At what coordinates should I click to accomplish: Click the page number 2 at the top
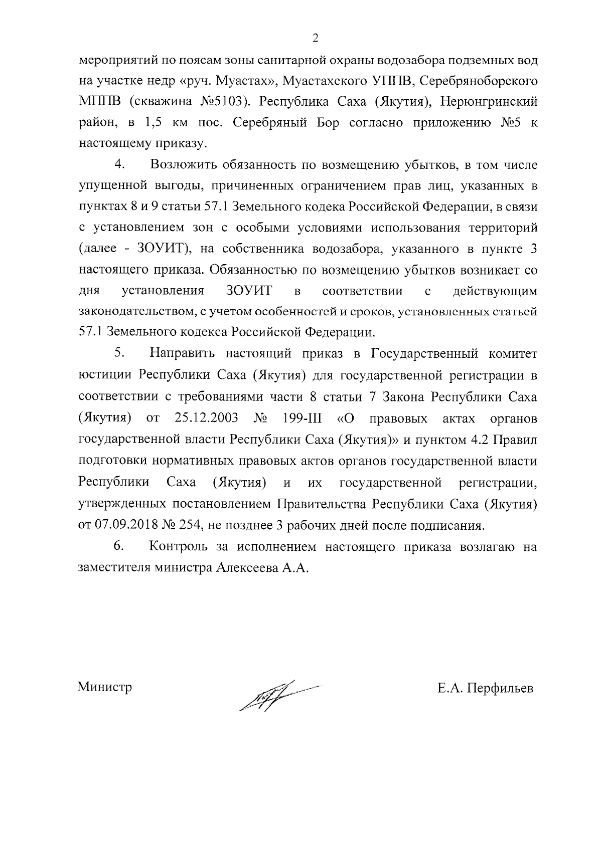tap(315, 38)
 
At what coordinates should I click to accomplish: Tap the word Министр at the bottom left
tap(105, 687)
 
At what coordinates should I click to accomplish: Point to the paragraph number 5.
tap(119, 353)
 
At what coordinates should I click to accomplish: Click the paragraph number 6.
tap(119, 547)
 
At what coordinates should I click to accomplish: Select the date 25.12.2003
tap(207, 417)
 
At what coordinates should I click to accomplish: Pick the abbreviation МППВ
tap(98, 102)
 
